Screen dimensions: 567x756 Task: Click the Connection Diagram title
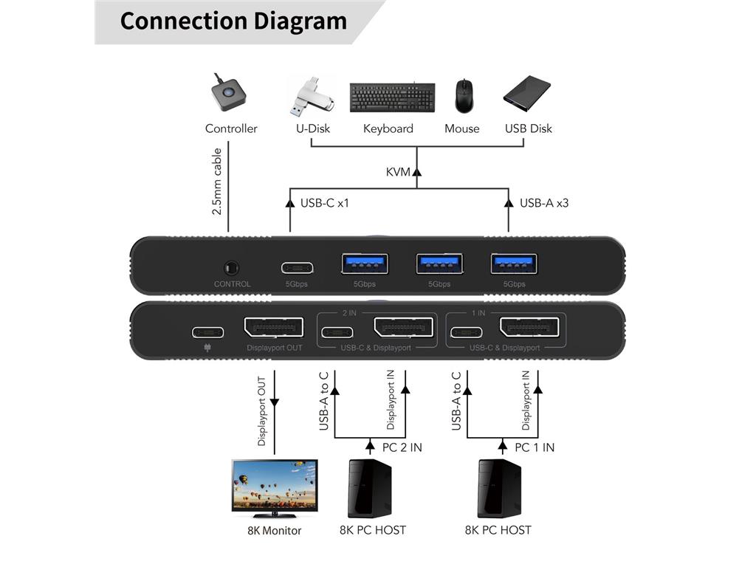click(x=233, y=21)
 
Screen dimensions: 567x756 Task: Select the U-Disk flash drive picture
click(x=310, y=97)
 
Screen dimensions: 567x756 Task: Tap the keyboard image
click(x=388, y=97)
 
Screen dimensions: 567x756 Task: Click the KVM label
click(x=398, y=172)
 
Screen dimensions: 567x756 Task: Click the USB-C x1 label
click(x=324, y=202)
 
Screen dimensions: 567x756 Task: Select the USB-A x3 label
click(x=544, y=202)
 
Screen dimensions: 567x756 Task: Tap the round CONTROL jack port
click(x=232, y=267)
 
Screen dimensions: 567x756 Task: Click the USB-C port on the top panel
click(x=297, y=267)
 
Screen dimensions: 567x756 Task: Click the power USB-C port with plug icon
click(x=209, y=331)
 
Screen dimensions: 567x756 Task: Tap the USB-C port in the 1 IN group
click(x=467, y=331)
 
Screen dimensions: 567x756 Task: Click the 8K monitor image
click(x=274, y=487)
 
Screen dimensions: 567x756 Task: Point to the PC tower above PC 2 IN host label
click(x=369, y=488)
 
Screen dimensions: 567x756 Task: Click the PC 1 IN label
click(x=535, y=447)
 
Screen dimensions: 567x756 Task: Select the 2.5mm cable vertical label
click(x=217, y=182)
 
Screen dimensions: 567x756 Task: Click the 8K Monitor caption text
click(x=274, y=530)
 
